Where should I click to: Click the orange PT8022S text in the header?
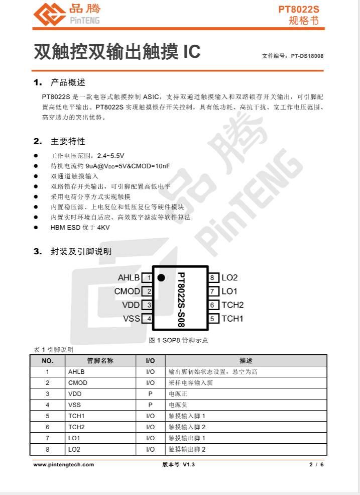click(299, 10)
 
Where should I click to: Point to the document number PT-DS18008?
click(307, 56)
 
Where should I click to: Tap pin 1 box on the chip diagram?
click(148, 277)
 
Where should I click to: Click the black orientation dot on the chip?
click(161, 277)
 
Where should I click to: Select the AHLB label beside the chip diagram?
click(129, 277)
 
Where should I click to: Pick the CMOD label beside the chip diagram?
click(127, 291)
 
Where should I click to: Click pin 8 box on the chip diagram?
click(213, 277)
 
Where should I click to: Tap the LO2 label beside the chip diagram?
click(229, 277)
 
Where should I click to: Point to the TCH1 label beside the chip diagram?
click(232, 318)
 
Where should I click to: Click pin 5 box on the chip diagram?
click(213, 318)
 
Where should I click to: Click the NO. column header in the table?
click(47, 361)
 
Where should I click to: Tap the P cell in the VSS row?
click(150, 405)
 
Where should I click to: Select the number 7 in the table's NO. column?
click(47, 438)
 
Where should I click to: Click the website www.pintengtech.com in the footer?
click(64, 464)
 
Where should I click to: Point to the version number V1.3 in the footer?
click(189, 464)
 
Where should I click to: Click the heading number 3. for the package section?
click(38, 251)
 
